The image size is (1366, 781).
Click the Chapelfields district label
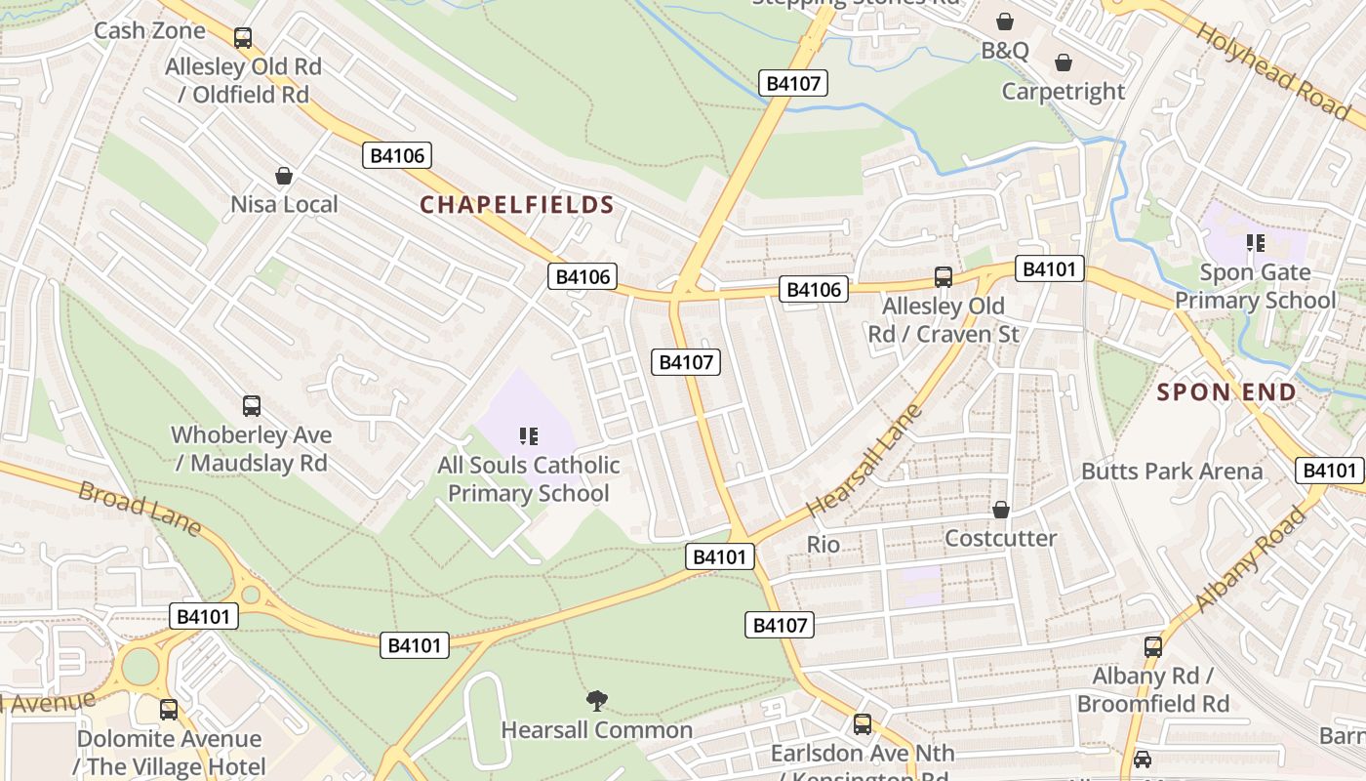point(516,205)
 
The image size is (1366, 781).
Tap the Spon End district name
point(1226,392)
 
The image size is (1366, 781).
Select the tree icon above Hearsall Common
point(596,700)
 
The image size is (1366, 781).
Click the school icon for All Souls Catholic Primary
point(529,435)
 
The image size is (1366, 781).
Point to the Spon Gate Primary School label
point(1255,286)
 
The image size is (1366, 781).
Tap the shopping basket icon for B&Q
point(1004,21)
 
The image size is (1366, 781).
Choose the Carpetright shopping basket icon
point(1064,62)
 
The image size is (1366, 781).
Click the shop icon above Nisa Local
point(284,176)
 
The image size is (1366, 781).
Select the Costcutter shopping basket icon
point(1000,510)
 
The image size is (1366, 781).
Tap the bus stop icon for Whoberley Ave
point(252,405)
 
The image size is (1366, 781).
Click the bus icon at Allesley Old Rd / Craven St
point(943,276)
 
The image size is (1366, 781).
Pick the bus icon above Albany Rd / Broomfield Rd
point(1152,646)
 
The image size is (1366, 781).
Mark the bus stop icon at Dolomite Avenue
point(169,710)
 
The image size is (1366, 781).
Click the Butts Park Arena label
point(1171,472)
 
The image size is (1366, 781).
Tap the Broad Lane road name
point(139,508)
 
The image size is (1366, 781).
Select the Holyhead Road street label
point(1272,70)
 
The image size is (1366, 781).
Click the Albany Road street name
point(1250,559)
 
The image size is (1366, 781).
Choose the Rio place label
point(823,544)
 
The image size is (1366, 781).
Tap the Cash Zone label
point(149,30)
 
